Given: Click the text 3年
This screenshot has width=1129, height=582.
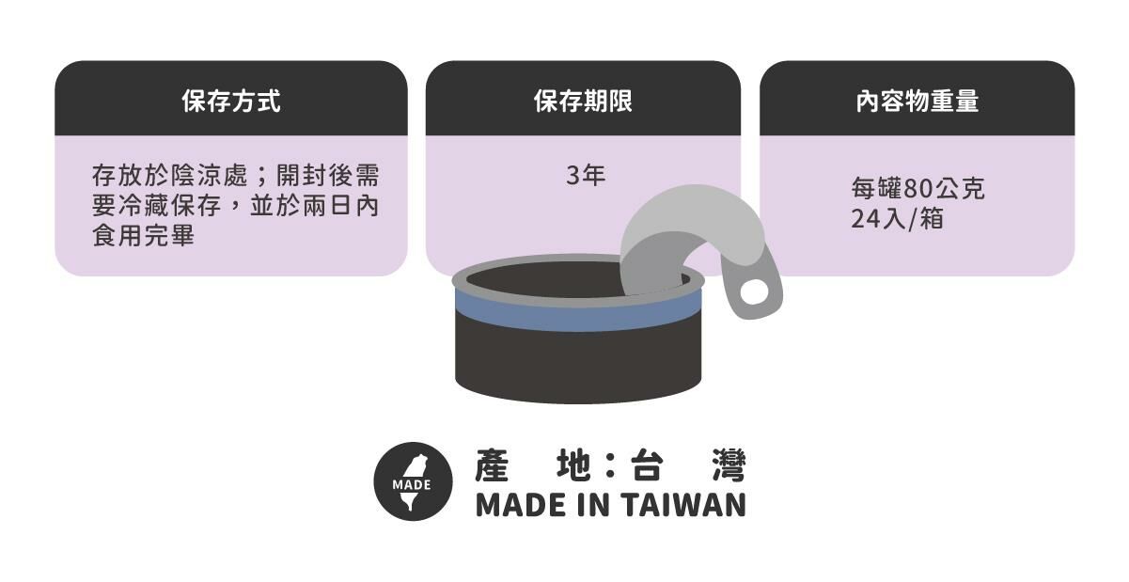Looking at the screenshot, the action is coord(585,176).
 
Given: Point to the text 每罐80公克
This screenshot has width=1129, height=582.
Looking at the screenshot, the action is coord(917,189).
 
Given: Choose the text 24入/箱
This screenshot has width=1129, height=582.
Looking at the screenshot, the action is coord(897,219).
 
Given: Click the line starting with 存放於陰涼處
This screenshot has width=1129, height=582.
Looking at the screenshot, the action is coord(235,177).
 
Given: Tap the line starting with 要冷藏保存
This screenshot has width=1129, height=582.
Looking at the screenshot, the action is coord(235,206).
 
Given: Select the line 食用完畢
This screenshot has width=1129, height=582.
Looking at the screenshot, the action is coord(143,235).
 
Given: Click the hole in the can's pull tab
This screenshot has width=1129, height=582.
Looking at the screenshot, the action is coord(754,292).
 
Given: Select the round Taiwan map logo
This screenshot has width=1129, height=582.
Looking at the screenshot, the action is coord(413,481).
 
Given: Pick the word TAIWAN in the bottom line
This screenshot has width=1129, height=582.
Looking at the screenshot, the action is coord(683,505).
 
